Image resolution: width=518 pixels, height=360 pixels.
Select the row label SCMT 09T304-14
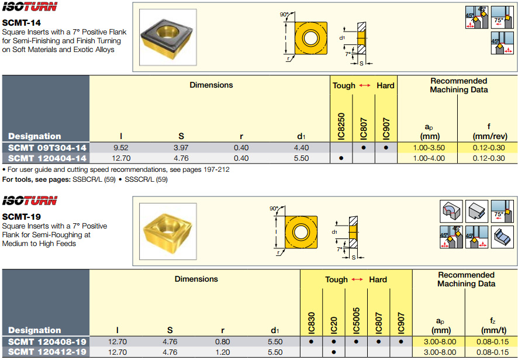pyautogui.click(x=47, y=148)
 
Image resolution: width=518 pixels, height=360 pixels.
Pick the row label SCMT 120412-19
pyautogui.click(x=47, y=352)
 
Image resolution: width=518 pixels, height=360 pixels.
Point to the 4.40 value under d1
pyautogui.click(x=302, y=148)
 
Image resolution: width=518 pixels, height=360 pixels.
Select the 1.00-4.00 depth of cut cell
pyautogui.click(x=429, y=158)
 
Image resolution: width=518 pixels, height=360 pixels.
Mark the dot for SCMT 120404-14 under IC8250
pyautogui.click(x=341, y=158)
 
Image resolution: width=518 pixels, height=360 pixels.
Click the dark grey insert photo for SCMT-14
pyautogui.click(x=167, y=41)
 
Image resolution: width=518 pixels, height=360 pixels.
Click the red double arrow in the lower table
pyautogui.click(x=357, y=280)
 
